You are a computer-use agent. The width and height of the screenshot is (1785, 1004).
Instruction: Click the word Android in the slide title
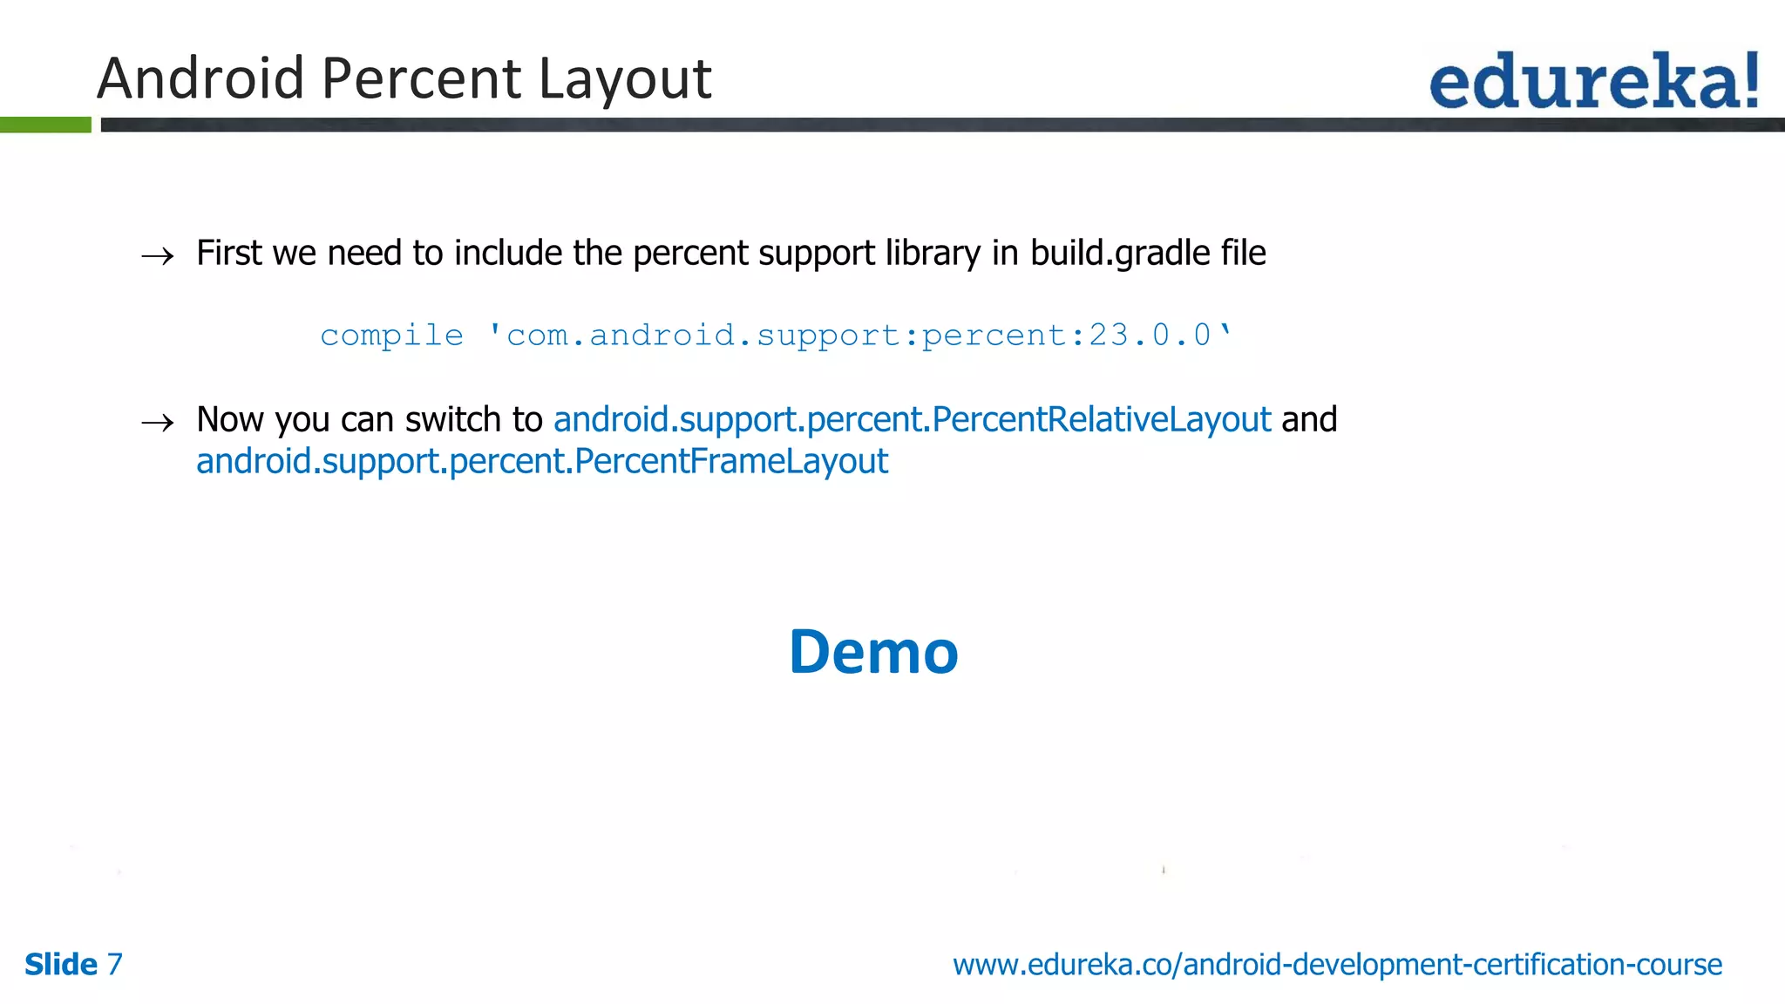[200, 78]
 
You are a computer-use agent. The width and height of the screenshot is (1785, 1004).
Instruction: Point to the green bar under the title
[45, 125]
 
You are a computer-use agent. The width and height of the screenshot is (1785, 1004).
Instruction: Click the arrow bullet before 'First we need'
[158, 256]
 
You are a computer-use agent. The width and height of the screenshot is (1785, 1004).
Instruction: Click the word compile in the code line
[391, 336]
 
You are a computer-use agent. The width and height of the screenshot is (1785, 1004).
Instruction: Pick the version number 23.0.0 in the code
[1150, 335]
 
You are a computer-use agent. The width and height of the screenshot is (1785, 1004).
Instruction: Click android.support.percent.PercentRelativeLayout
[912, 420]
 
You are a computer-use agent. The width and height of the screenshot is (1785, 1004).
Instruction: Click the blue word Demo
[873, 653]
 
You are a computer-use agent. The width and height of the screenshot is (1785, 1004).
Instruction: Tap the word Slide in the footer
[61, 965]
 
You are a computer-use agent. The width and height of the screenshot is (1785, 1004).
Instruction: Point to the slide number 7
[115, 965]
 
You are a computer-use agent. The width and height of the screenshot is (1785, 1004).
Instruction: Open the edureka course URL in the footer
[1337, 965]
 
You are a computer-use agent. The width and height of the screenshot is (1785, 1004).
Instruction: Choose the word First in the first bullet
[229, 254]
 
